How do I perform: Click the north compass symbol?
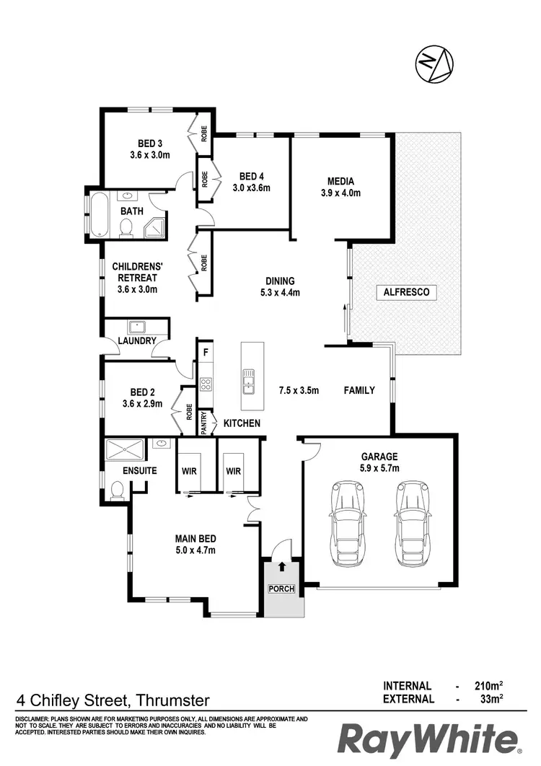(x=433, y=64)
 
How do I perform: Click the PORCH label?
(x=281, y=589)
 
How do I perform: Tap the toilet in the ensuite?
(x=115, y=491)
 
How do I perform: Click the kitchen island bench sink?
(x=248, y=379)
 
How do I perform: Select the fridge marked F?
(x=206, y=353)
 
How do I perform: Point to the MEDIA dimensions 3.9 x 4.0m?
(x=340, y=193)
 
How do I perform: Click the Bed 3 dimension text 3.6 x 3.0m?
(x=149, y=155)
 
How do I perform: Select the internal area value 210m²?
(x=488, y=686)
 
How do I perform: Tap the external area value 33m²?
(x=491, y=699)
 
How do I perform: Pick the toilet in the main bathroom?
(x=127, y=228)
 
